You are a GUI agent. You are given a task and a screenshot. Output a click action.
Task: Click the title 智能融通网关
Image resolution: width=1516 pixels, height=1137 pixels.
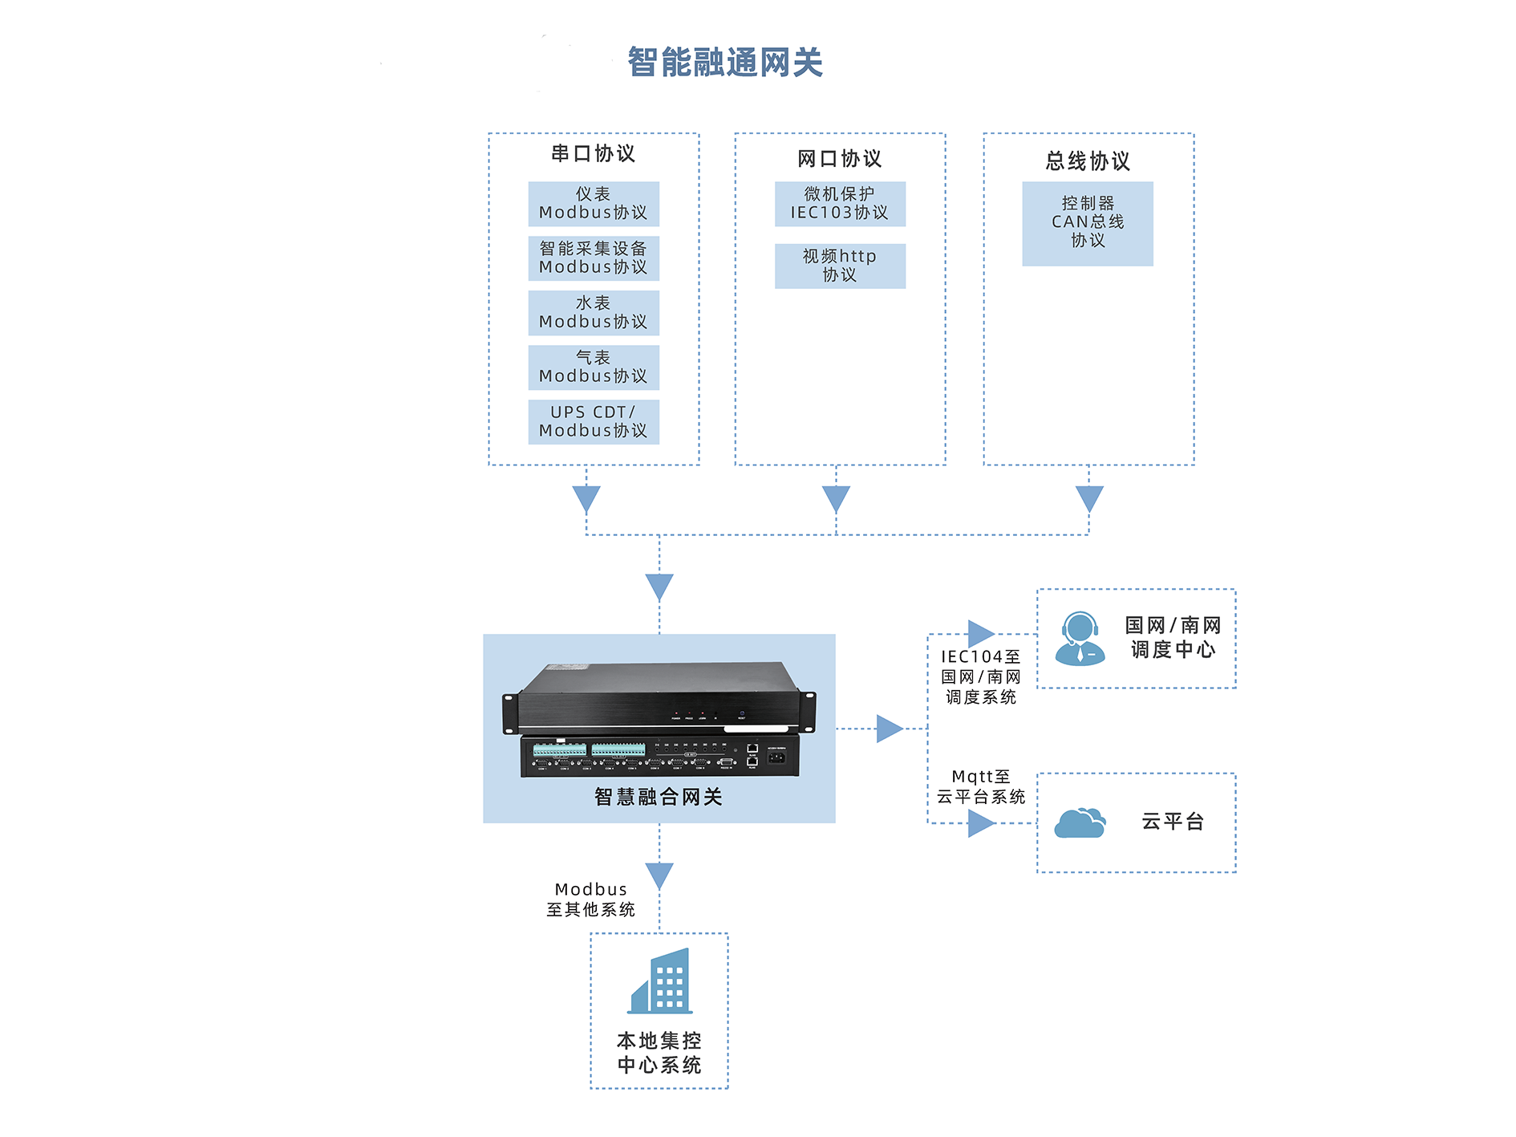pyautogui.click(x=724, y=63)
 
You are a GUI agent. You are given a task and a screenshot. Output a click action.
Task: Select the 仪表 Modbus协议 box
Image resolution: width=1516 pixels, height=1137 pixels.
pyautogui.click(x=594, y=204)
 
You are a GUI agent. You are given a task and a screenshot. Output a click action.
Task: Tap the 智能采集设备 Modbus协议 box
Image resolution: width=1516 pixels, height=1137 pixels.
pyautogui.click(x=594, y=258)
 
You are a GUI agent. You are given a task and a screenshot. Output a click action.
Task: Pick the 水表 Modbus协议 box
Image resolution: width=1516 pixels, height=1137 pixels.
pyautogui.click(x=594, y=313)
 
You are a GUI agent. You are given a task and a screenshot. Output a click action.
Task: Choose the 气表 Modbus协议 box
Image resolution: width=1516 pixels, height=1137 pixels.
pyautogui.click(x=594, y=367)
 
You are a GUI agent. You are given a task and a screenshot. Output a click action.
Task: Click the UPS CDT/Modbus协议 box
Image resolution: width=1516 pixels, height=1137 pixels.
pyautogui.click(x=594, y=422)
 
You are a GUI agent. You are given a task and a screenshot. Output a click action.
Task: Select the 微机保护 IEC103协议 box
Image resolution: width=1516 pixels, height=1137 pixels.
pyautogui.click(x=840, y=204)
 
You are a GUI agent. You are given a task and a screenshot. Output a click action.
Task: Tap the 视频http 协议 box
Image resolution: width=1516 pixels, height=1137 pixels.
pyautogui.click(x=840, y=266)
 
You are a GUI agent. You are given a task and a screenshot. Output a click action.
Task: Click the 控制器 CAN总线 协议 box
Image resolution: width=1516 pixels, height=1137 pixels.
pyautogui.click(x=1088, y=223)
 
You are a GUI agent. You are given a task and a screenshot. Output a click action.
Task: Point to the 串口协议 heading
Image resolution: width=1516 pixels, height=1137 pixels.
pyautogui.click(x=594, y=153)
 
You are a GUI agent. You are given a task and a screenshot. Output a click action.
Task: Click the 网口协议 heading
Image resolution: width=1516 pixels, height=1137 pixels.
pyautogui.click(x=840, y=159)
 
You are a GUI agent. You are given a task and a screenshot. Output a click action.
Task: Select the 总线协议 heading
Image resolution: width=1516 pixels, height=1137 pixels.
pyautogui.click(x=1088, y=161)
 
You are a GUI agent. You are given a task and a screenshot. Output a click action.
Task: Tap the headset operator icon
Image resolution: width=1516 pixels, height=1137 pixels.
pyautogui.click(x=1080, y=639)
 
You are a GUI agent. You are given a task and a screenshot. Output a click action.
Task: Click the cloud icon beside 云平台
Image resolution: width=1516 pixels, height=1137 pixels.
pyautogui.click(x=1080, y=823)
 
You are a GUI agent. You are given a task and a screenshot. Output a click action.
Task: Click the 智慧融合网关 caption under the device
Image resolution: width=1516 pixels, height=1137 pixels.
pyautogui.click(x=659, y=797)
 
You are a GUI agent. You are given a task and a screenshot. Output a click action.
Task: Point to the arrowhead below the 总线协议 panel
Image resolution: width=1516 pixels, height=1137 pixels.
pyautogui.click(x=1088, y=497)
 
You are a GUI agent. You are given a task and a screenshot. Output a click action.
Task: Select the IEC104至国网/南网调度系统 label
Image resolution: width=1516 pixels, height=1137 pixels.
pyautogui.click(x=980, y=677)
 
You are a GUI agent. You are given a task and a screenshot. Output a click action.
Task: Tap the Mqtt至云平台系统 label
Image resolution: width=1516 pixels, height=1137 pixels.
pyautogui.click(x=980, y=787)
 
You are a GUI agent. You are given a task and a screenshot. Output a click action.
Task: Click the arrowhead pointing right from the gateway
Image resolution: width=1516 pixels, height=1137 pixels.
pyautogui.click(x=889, y=729)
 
